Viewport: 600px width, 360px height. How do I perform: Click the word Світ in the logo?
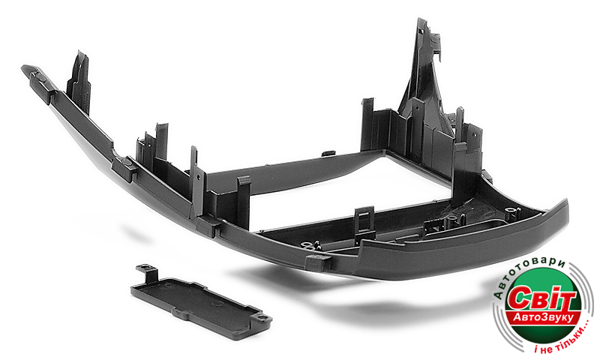click(541, 299)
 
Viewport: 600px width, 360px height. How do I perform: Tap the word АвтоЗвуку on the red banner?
click(543, 317)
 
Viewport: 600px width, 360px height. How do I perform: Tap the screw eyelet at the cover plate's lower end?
click(262, 317)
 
